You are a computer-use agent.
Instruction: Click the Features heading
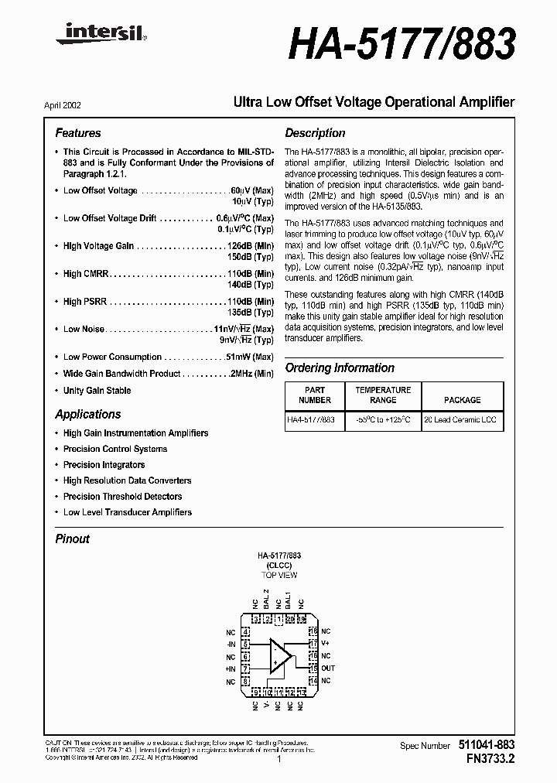tap(78, 133)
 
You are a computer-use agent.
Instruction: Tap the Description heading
tap(315, 133)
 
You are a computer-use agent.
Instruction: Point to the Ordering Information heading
tap(340, 368)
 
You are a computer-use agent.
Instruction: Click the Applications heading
tap(88, 415)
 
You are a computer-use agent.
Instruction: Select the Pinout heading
tap(73, 539)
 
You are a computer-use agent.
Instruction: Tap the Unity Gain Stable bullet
tap(97, 391)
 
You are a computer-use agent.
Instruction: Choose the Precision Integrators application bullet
tap(104, 465)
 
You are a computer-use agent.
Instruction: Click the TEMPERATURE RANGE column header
tap(383, 395)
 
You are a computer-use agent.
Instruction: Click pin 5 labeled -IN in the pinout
tap(245, 644)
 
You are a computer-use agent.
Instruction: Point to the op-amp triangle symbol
tap(279, 656)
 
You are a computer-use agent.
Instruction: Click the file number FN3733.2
tap(485, 759)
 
